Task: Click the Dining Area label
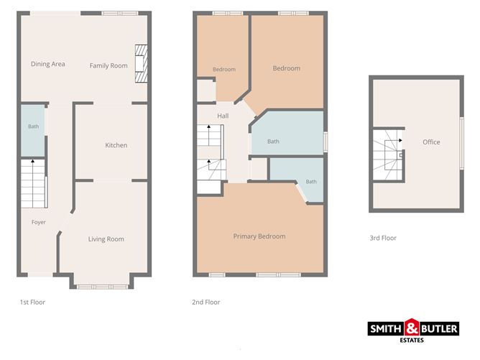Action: click(x=47, y=64)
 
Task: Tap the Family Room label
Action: click(x=109, y=65)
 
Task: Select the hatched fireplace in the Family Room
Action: click(x=141, y=64)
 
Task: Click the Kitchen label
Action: click(x=116, y=145)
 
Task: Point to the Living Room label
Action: click(x=106, y=239)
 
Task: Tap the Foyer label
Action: click(x=39, y=222)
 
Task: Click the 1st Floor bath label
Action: click(x=33, y=126)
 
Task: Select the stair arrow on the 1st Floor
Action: click(x=33, y=183)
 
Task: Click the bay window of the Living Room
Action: click(x=102, y=287)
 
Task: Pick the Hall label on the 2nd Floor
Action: click(x=223, y=116)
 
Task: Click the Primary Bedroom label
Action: click(x=259, y=236)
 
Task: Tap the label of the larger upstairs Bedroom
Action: click(x=287, y=68)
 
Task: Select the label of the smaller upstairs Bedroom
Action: click(x=224, y=70)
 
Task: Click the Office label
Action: click(x=431, y=142)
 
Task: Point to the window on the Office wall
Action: click(x=461, y=143)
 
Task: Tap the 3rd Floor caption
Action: click(x=383, y=238)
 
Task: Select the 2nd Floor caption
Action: click(x=206, y=302)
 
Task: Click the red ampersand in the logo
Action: click(x=412, y=327)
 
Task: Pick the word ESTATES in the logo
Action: click(x=412, y=340)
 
